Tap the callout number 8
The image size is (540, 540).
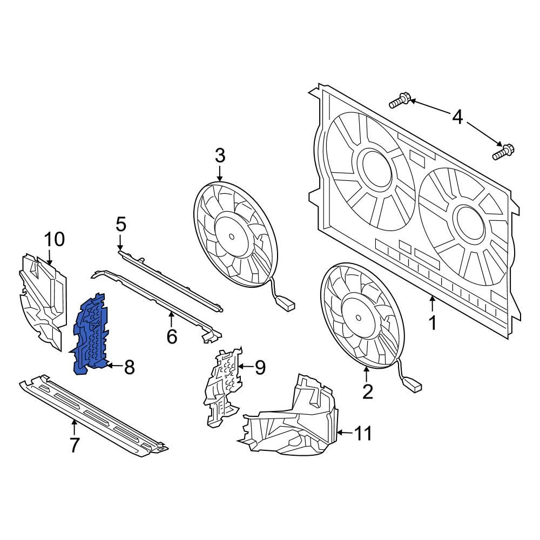click(129, 368)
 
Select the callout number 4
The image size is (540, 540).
click(457, 117)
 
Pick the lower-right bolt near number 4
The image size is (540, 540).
click(503, 152)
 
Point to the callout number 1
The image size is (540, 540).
click(432, 323)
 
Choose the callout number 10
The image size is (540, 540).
click(54, 239)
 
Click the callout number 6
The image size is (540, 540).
click(171, 337)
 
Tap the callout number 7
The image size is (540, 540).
click(74, 445)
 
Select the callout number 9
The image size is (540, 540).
click(260, 368)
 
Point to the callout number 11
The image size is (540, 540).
click(363, 433)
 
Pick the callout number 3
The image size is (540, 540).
click(220, 156)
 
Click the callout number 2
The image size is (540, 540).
click(367, 391)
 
